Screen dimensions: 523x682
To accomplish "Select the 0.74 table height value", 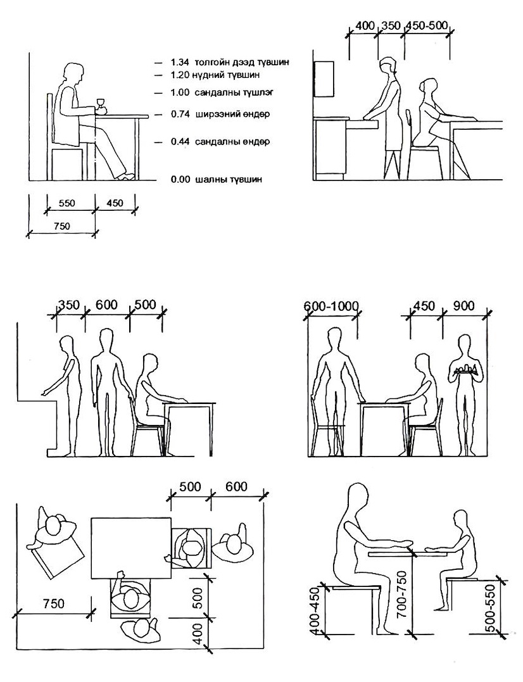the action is pyautogui.click(x=180, y=115).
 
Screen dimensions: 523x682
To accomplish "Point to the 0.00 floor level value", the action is pyautogui.click(x=180, y=179).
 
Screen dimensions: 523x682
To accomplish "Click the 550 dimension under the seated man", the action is pyautogui.click(x=66, y=203).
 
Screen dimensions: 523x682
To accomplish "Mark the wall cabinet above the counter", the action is pyautogui.click(x=324, y=79).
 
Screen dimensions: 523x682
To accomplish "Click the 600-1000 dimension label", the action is pyautogui.click(x=331, y=306).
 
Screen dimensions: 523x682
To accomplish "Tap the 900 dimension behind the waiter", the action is pyautogui.click(x=463, y=306).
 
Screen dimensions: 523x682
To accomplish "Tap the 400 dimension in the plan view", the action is pyautogui.click(x=198, y=634).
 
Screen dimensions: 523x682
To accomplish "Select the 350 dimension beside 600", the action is pyautogui.click(x=69, y=305).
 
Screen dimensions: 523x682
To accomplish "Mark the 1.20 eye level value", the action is pyautogui.click(x=180, y=75).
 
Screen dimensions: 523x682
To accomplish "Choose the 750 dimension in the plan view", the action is pyautogui.click(x=53, y=603).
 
